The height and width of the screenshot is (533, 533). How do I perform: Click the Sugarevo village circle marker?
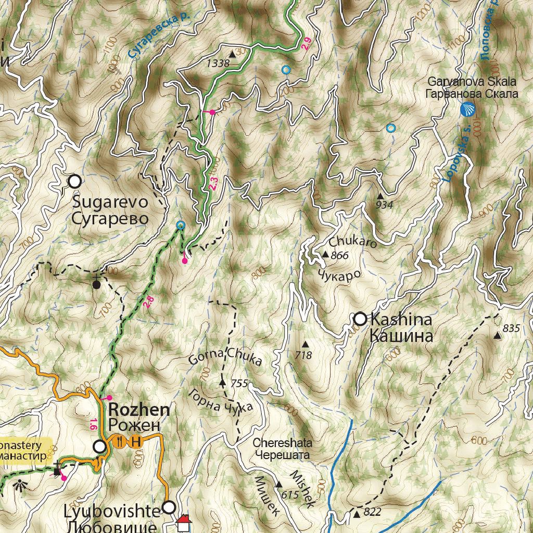(x=75, y=181)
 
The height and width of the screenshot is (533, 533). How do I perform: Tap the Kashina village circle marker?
(x=360, y=319)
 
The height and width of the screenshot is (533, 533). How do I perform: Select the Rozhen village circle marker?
(x=99, y=447)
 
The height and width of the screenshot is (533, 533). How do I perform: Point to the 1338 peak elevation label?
(x=218, y=64)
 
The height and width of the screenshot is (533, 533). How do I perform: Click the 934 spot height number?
(x=384, y=205)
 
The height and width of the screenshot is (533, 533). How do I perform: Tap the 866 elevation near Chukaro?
(x=339, y=255)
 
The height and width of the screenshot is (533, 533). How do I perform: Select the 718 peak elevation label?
(x=303, y=356)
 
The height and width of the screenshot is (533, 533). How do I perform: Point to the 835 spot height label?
(x=512, y=328)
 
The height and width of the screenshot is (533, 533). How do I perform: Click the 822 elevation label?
(x=373, y=513)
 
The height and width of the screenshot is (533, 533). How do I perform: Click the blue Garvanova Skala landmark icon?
(x=468, y=110)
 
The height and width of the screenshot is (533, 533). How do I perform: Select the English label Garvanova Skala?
(x=472, y=82)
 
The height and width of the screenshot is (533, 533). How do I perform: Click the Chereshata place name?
(x=283, y=443)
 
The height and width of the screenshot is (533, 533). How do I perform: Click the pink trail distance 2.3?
(x=212, y=183)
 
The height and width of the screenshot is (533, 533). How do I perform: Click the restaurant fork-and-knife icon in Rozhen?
(x=120, y=441)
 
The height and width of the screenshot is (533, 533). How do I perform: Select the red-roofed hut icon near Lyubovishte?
(x=183, y=523)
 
